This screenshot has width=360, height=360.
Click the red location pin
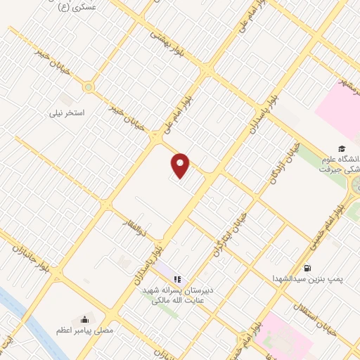pyautogui.click(x=181, y=166)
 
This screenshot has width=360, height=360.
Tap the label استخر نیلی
pyautogui.click(x=65, y=112)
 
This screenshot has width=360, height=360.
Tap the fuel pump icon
pyautogui.click(x=308, y=268)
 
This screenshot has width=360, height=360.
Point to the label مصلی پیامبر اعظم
pyautogui.click(x=85, y=330)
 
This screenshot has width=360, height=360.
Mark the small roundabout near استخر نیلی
pyautogui.click(x=88, y=88)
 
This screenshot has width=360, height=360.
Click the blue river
pyautogui.click(x=21, y=309)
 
